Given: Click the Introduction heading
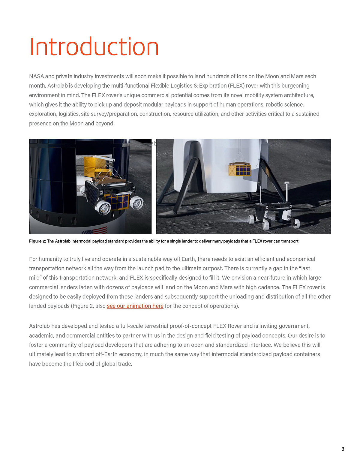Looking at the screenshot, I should tap(94, 47).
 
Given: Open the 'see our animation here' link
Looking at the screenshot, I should tap(135, 306).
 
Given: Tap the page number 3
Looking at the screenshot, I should tap(343, 449).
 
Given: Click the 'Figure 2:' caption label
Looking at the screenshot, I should tap(37, 241).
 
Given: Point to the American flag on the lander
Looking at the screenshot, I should tap(94, 231).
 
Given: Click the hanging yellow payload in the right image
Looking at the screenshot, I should tap(239, 170).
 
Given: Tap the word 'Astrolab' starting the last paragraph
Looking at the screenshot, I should tap(39, 326).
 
